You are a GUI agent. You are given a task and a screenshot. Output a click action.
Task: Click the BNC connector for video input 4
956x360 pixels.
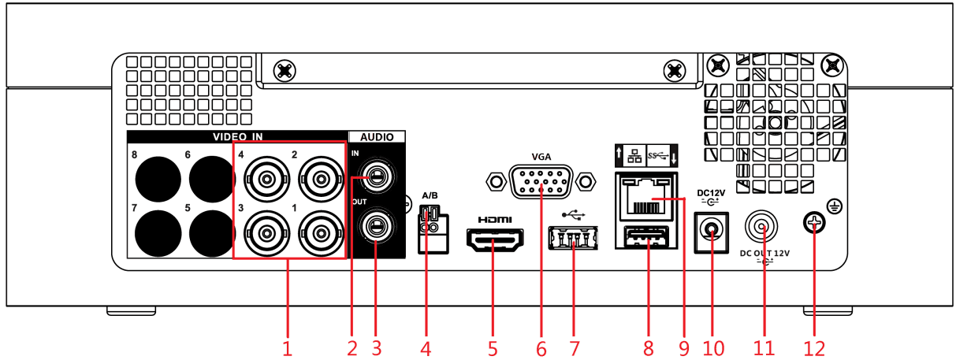266,180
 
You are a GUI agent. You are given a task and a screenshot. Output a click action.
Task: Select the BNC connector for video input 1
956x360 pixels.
321,233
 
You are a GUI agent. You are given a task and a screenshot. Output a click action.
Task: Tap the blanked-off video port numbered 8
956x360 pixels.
158,179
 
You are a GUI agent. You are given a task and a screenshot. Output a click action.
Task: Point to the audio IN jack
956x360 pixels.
377,176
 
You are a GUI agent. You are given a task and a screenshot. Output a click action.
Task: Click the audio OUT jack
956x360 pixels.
377,225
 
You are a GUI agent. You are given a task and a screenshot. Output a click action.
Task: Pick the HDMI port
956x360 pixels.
495,239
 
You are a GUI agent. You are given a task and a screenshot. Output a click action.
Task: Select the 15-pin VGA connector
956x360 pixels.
541,182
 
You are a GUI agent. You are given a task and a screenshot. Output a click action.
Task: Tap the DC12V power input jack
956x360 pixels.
712,232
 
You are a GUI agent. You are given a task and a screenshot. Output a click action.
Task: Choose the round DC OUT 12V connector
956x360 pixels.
761,227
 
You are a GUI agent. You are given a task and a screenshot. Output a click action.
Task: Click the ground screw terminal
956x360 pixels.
814,223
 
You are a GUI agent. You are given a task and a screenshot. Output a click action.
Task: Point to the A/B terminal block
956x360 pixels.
433,229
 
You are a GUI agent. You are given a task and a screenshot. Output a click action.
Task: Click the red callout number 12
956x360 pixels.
814,348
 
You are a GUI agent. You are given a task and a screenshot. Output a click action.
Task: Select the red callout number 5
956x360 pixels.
493,348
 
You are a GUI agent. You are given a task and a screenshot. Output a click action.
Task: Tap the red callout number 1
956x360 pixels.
287,348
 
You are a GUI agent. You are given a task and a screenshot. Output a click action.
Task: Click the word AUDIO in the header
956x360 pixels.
377,137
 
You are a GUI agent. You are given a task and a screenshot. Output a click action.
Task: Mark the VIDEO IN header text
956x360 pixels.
238,137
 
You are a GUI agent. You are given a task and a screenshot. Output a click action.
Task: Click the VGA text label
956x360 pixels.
541,157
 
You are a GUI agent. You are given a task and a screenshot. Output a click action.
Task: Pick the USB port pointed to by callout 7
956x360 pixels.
573,238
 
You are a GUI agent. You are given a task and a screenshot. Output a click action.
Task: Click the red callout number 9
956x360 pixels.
684,348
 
